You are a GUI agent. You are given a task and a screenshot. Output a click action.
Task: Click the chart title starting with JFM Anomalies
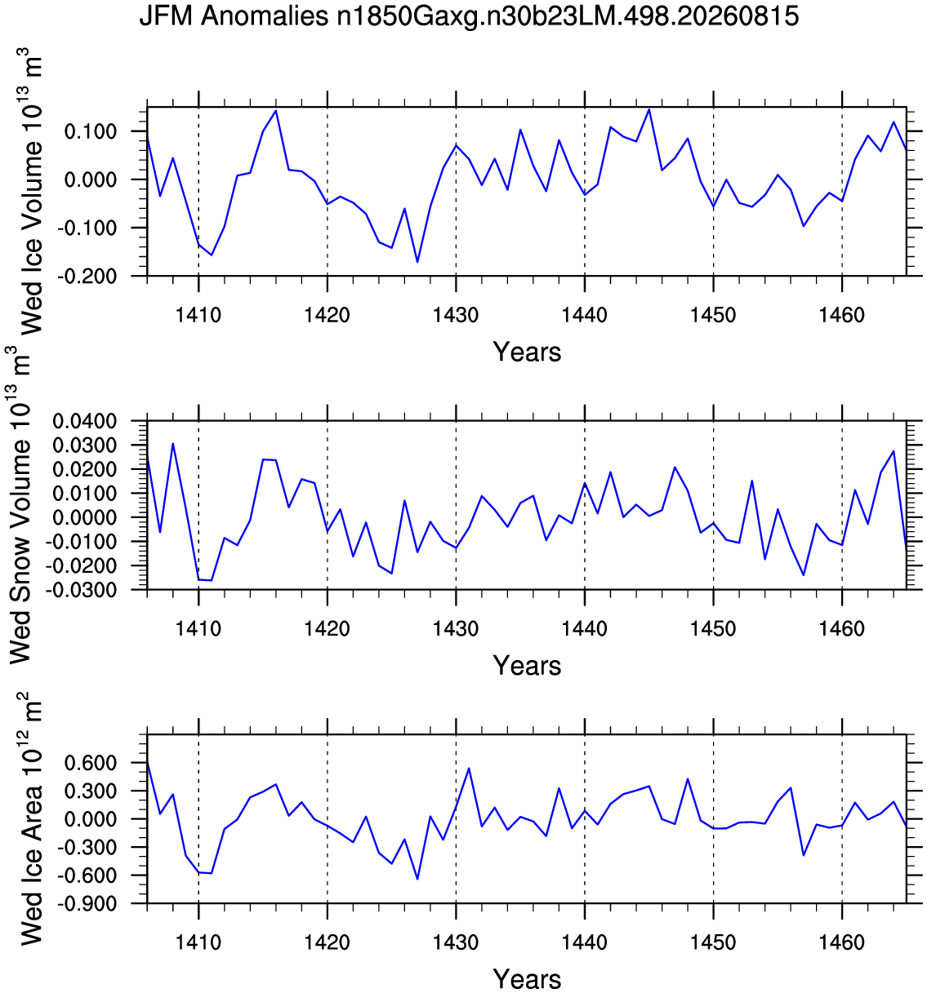coord(469,16)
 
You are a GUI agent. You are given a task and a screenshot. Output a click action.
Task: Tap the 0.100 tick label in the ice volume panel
coord(90,131)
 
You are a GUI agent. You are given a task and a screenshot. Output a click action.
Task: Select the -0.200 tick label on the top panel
coord(87,276)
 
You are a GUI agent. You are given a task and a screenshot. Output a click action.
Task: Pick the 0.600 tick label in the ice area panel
coord(90,763)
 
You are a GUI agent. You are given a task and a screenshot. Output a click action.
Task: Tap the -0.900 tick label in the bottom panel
coord(87,903)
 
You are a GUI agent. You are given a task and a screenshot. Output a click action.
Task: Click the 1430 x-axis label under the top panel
coord(456,315)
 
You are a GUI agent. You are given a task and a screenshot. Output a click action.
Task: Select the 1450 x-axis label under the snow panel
coord(713,628)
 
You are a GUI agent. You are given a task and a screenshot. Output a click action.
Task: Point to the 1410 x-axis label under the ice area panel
coord(198,942)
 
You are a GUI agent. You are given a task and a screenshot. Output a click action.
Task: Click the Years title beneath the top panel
coord(527,352)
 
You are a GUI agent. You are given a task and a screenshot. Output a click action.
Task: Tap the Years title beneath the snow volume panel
coord(527,666)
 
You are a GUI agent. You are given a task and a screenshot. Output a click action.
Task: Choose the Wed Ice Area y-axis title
coord(30,819)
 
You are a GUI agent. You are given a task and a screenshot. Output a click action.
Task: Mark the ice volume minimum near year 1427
coord(417,261)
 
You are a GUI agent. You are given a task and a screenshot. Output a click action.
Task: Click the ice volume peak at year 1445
coord(648,109)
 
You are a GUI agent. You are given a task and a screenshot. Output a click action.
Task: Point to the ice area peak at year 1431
coord(469,769)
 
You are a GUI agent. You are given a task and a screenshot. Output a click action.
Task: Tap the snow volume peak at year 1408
coord(172,444)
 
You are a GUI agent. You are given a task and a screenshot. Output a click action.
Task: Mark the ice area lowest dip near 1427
coord(417,879)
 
